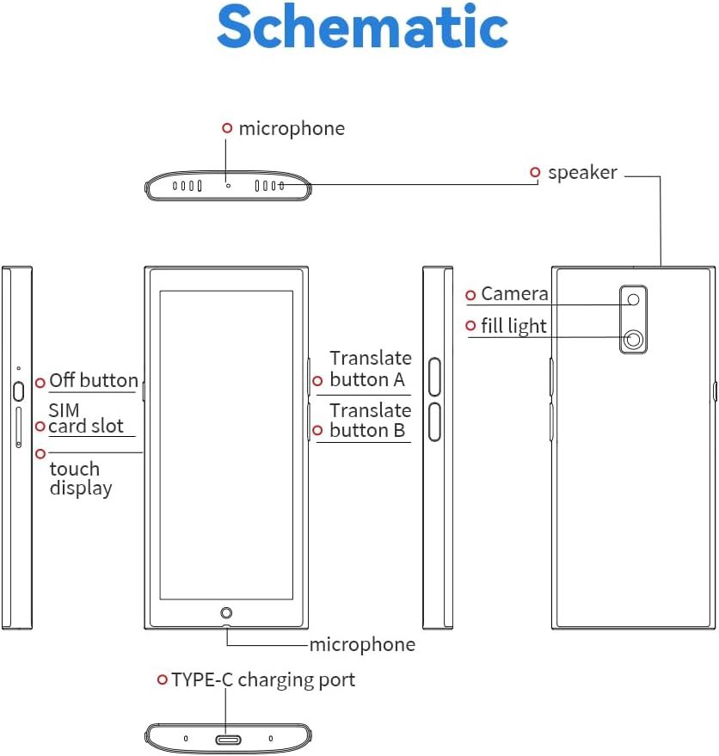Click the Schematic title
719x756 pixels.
[362, 28]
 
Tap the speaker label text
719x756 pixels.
[582, 173]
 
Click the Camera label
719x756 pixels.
[514, 294]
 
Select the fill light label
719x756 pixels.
[514, 326]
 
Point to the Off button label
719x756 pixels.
[93, 381]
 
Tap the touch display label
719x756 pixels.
[80, 478]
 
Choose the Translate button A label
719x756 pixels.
[370, 369]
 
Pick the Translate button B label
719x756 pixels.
[370, 421]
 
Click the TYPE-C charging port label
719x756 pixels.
[262, 680]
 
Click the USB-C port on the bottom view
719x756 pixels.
[228, 739]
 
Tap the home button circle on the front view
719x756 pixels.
[226, 612]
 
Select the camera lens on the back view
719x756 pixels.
[634, 299]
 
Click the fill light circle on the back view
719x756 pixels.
[634, 340]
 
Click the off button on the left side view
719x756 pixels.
[19, 390]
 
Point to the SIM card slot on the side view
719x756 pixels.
[19, 427]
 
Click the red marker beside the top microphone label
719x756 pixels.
[227, 128]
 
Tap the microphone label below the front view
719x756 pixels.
[362, 645]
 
